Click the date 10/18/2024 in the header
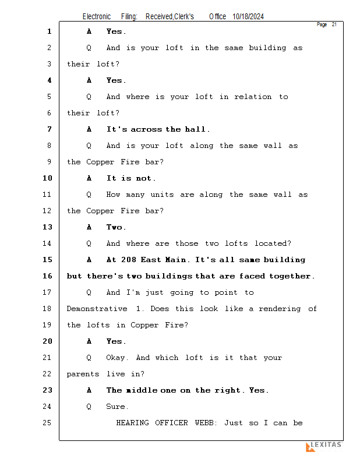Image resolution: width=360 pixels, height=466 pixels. click(248, 16)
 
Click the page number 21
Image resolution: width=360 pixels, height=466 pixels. click(334, 24)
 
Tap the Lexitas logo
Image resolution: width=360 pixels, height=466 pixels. click(324, 446)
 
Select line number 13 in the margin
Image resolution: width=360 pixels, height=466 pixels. click(47, 227)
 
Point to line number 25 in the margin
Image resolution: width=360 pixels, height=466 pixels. click(47, 423)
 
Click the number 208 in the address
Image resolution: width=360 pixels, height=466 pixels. click(128, 260)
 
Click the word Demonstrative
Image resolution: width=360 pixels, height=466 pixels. click(97, 309)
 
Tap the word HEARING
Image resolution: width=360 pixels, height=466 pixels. click(133, 423)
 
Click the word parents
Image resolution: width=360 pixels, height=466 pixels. click(83, 374)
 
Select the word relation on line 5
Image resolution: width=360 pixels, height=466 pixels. click(253, 97)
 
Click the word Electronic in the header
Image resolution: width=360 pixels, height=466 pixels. click(97, 16)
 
